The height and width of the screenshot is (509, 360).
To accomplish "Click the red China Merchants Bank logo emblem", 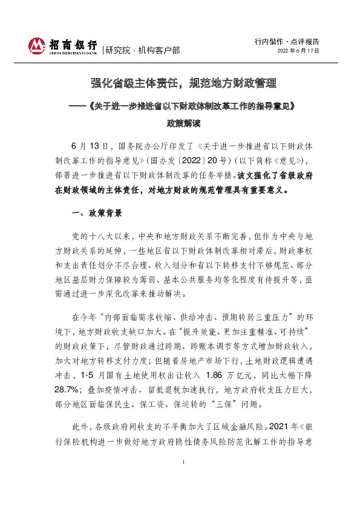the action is point(38,45).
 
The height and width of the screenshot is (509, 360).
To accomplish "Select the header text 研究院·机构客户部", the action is point(142,50).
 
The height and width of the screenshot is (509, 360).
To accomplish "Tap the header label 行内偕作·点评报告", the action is point(289,42).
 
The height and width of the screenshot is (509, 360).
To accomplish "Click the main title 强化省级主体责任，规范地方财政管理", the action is point(180,82).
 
